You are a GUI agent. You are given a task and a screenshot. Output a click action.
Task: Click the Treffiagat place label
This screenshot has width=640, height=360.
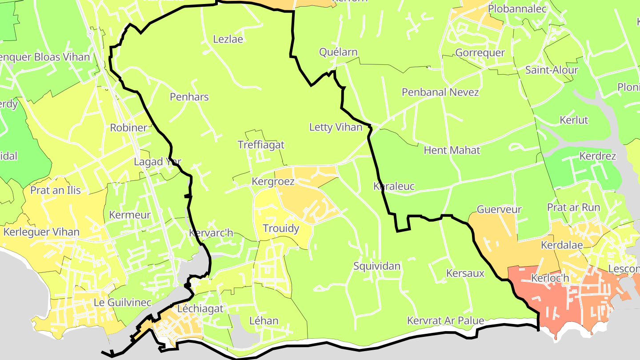[261, 145]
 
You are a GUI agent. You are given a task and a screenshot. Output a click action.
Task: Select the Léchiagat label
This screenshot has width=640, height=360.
[200, 308]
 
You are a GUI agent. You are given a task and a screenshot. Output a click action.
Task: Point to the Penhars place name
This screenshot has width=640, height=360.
[189, 97]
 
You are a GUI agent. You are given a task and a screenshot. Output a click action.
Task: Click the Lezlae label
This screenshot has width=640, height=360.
[228, 39]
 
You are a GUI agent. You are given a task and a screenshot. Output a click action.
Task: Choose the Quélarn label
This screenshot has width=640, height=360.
[338, 52]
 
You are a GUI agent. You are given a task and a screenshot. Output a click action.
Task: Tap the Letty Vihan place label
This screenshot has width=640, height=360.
[336, 128]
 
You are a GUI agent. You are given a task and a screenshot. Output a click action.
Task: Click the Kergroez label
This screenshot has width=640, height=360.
[273, 181]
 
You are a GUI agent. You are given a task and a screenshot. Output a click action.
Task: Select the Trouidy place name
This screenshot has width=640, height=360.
[281, 228]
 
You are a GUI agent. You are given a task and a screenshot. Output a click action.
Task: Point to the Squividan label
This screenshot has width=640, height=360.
[377, 266]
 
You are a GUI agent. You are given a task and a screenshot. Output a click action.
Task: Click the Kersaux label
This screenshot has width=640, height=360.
[465, 273]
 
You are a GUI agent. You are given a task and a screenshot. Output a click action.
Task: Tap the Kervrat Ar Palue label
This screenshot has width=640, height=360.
[445, 320]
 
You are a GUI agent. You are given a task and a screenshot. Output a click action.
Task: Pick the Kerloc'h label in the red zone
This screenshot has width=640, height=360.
[550, 279]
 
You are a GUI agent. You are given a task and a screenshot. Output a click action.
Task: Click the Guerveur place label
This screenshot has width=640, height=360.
[499, 209]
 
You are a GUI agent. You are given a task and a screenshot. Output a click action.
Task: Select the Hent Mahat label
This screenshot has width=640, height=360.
[452, 150]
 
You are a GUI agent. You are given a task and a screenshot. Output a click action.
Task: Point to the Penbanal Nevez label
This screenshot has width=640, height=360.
[440, 92]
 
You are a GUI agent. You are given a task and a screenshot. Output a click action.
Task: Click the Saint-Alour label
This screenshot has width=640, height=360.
[552, 70]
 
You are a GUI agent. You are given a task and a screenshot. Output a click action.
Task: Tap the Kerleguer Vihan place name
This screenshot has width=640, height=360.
[41, 232]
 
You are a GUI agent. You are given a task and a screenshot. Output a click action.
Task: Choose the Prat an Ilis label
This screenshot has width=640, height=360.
[56, 190]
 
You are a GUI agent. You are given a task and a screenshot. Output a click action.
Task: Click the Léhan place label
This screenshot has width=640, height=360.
[264, 320]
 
